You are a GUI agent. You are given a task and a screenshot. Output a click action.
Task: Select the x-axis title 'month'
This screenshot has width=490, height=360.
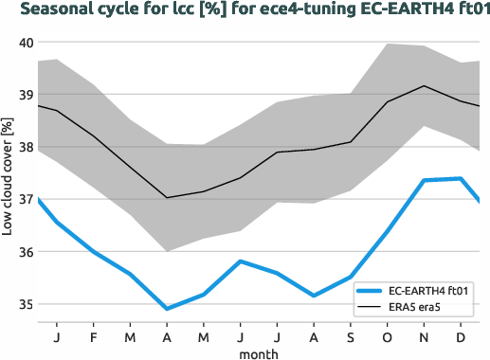[x=258, y=352]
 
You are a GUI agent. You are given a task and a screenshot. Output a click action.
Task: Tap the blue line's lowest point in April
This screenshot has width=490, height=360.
[x=168, y=309]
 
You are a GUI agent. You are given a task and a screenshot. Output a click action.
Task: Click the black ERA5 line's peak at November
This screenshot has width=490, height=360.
[x=424, y=86]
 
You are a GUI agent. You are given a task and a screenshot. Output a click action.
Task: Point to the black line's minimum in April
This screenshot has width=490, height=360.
[x=168, y=198]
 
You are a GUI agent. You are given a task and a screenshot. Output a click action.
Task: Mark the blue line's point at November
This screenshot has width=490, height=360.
[x=424, y=180]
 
